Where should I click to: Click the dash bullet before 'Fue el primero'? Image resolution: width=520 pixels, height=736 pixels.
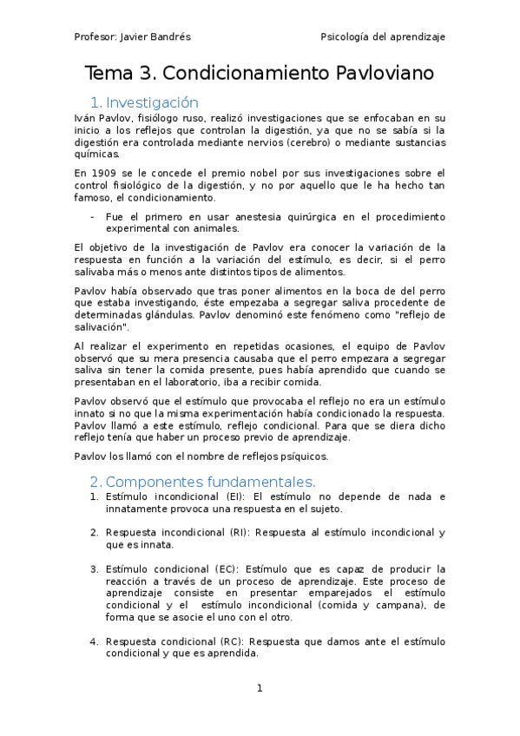(93, 216)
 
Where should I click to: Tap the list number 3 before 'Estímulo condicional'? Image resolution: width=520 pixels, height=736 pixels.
(94, 568)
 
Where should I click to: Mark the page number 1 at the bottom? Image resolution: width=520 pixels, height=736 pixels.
(259, 688)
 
